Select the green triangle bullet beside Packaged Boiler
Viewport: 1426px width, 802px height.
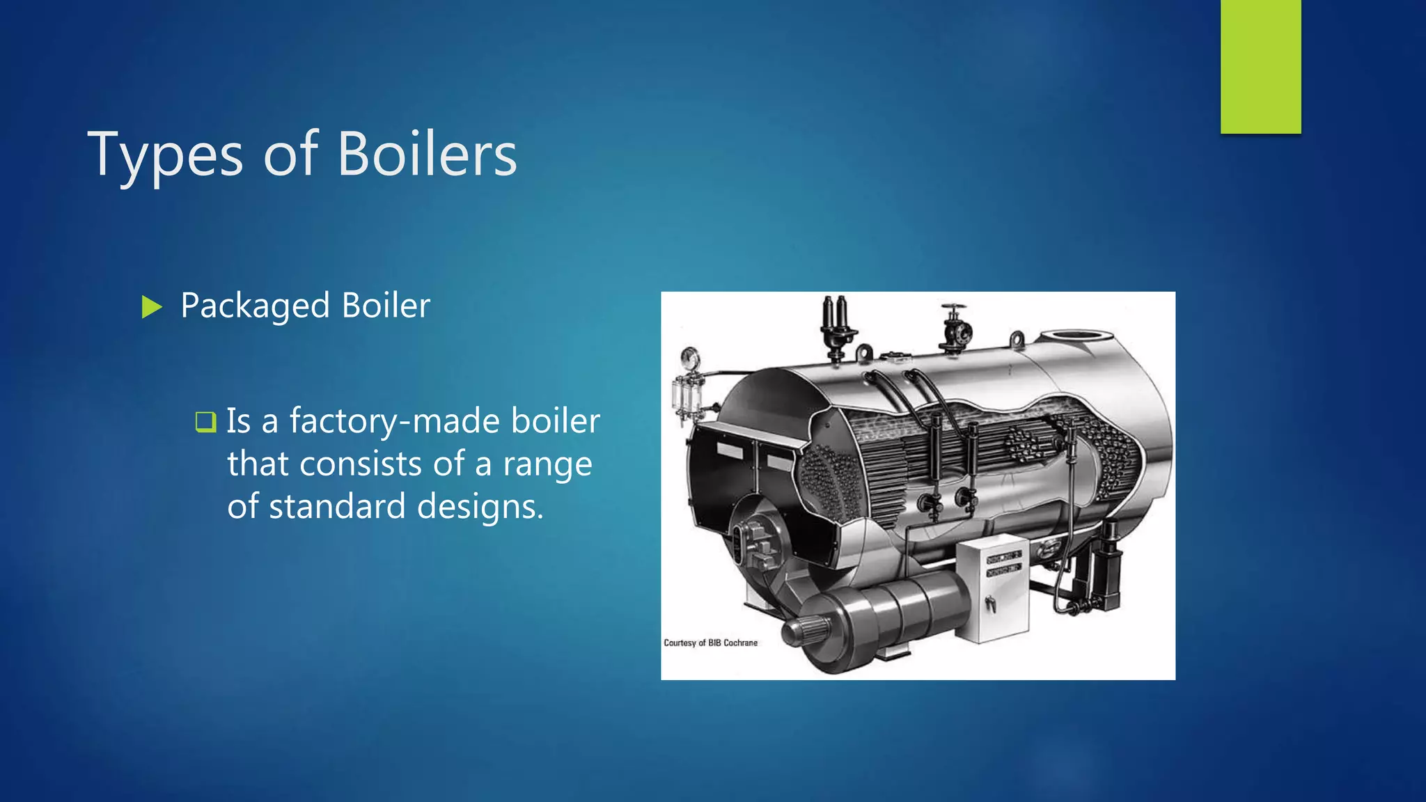[151, 307]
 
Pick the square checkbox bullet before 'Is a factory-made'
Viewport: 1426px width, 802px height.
[205, 422]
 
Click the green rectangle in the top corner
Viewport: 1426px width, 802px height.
[1260, 66]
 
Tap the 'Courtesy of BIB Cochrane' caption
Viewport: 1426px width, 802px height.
[710, 643]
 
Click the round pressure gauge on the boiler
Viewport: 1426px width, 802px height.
[691, 359]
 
